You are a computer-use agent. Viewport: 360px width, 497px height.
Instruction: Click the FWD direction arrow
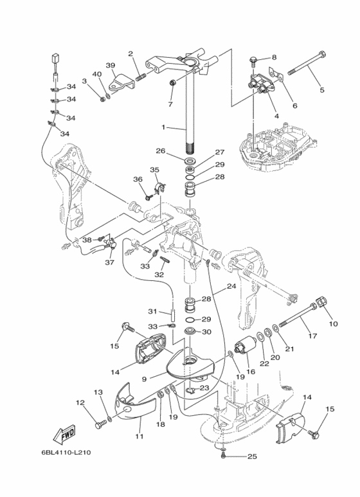[x=64, y=433]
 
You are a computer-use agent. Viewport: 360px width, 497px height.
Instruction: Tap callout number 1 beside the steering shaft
[x=163, y=127]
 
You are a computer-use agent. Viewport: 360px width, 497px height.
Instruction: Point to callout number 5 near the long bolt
[x=322, y=90]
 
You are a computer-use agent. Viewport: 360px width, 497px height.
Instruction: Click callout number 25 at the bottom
[x=252, y=456]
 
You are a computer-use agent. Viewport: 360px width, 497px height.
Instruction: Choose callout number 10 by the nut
[x=334, y=323]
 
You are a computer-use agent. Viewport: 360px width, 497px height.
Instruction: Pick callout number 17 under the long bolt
[x=312, y=336]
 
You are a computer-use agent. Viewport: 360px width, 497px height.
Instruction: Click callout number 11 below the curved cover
[x=139, y=437]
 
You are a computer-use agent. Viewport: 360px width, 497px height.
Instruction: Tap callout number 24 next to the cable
[x=231, y=286]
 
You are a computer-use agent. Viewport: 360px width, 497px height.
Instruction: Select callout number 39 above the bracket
[x=111, y=66]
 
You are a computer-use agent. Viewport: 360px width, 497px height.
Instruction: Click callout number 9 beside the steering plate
[x=144, y=378]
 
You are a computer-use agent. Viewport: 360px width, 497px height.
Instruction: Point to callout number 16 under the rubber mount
[x=251, y=371]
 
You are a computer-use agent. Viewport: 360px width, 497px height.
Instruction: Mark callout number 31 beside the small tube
[x=152, y=312]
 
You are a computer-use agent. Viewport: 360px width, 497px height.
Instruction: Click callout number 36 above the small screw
[x=138, y=179]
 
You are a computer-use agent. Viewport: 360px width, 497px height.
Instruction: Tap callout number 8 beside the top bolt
[x=274, y=57]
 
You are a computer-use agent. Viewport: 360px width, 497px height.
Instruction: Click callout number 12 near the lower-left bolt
[x=80, y=402]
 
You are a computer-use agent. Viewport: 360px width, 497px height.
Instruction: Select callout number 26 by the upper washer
[x=161, y=150]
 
